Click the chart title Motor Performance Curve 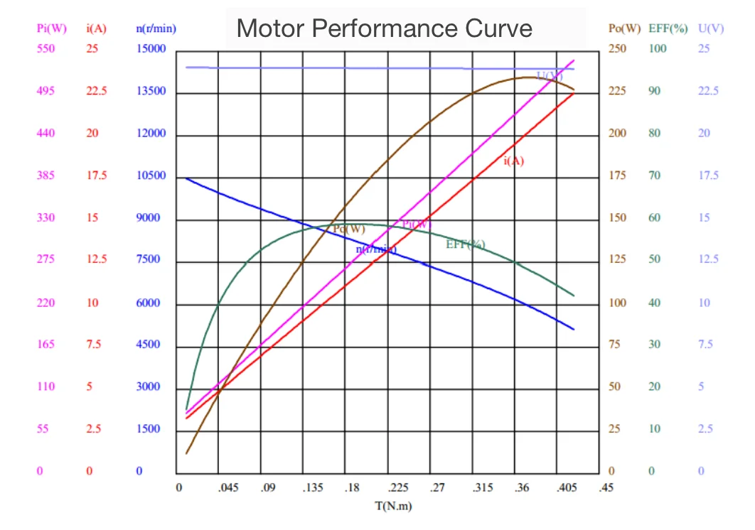[384, 28]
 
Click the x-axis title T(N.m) [393, 507]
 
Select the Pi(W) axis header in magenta [52, 28]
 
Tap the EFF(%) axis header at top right [668, 28]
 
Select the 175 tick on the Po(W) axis [617, 175]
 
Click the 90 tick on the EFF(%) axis [654, 91]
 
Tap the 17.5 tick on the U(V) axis [707, 175]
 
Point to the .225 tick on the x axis [397, 488]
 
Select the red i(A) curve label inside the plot [513, 161]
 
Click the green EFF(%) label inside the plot [465, 244]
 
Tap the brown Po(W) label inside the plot [348, 229]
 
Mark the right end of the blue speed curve [574, 329]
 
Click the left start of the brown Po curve [187, 453]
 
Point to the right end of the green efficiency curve [574, 296]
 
